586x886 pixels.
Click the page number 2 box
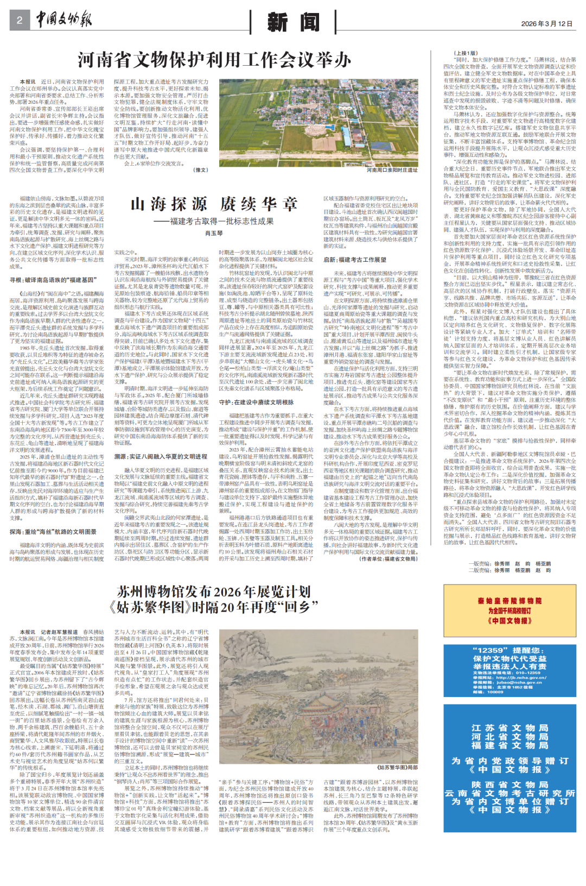tap(20, 21)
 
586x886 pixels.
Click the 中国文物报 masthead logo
tap(64, 21)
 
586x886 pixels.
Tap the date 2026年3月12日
tap(546, 24)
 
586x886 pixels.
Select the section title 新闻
tap(293, 23)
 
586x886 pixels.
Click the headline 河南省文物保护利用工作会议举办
tap(214, 60)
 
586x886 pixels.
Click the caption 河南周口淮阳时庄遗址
tap(392, 170)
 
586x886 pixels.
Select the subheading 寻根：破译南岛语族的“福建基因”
tap(53, 280)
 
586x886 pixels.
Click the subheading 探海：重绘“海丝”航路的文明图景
tap(53, 532)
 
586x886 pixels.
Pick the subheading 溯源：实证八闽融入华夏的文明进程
tap(161, 457)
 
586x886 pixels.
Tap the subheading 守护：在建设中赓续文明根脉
tap(256, 403)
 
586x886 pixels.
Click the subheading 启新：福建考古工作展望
tap(355, 260)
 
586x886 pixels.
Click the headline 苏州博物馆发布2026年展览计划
tap(214, 592)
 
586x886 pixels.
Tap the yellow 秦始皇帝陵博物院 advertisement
tap(509, 611)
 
